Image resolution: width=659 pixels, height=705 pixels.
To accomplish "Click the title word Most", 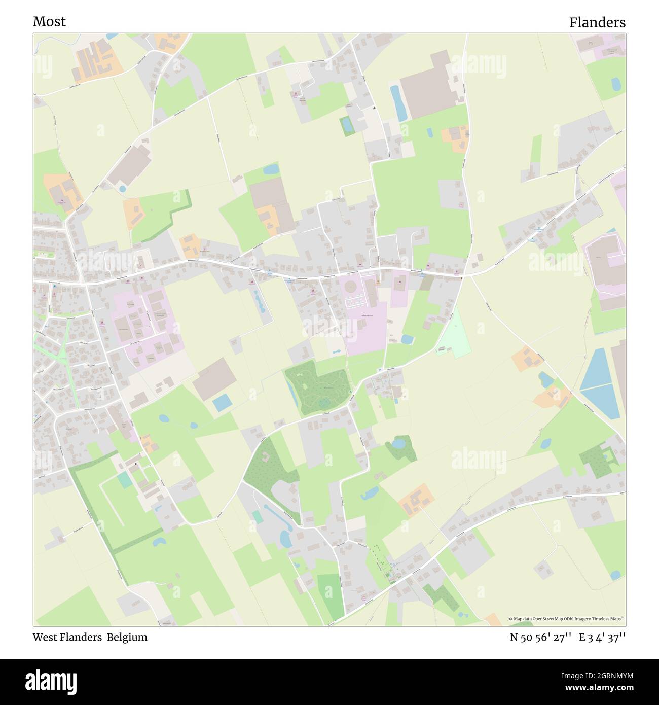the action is pyautogui.click(x=49, y=22).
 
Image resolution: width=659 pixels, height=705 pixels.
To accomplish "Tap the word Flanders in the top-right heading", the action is pyautogui.click(x=597, y=23).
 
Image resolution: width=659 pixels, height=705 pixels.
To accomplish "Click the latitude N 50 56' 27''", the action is pyautogui.click(x=541, y=637).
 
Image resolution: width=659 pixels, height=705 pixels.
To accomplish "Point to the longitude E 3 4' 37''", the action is pyautogui.click(x=602, y=637).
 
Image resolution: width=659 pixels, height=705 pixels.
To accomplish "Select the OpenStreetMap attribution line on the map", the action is pyautogui.click(x=567, y=619).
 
